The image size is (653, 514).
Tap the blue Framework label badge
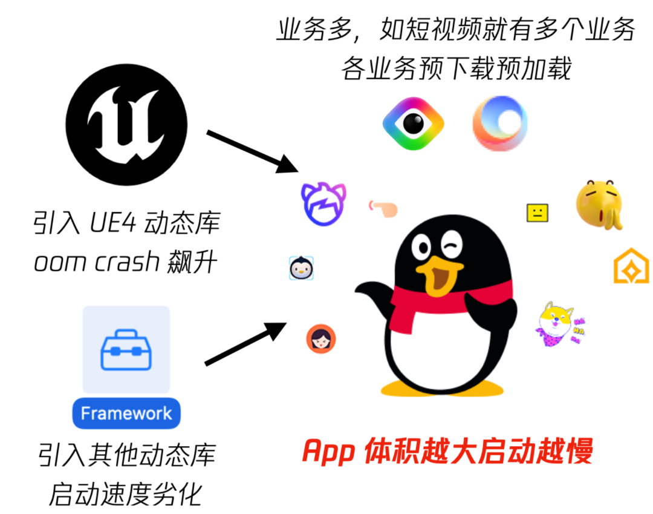coord(126,414)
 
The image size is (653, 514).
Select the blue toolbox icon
coord(126,350)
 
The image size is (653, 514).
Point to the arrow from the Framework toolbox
coord(245,343)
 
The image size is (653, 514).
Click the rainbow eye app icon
coord(414,124)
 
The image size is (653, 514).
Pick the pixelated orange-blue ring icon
coord(500,124)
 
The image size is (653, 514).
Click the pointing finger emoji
coord(383,208)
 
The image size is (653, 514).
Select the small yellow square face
coord(537,213)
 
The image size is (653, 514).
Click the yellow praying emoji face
coord(600,203)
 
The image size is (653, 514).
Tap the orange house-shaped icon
coord(631,266)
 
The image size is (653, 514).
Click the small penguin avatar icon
coord(302,267)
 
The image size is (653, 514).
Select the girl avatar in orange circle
coord(320,338)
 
